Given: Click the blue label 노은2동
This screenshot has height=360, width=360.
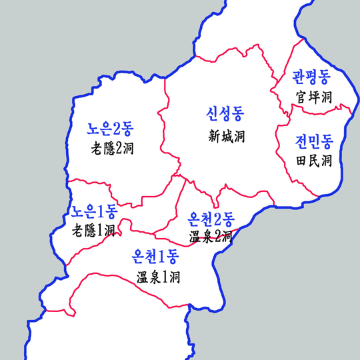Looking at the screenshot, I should click(x=111, y=129).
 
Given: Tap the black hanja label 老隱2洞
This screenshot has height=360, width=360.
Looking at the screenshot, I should click(x=111, y=148).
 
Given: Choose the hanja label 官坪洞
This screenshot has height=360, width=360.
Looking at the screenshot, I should click(x=314, y=97).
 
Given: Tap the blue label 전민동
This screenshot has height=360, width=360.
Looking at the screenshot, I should click(x=314, y=141).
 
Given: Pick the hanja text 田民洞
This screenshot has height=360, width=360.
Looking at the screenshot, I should click(x=314, y=161).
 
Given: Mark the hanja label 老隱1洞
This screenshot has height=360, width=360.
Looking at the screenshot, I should click(x=93, y=231).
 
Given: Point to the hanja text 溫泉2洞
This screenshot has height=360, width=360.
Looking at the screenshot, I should click(x=211, y=236).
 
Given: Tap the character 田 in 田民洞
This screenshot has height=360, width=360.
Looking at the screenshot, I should click(x=302, y=161).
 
